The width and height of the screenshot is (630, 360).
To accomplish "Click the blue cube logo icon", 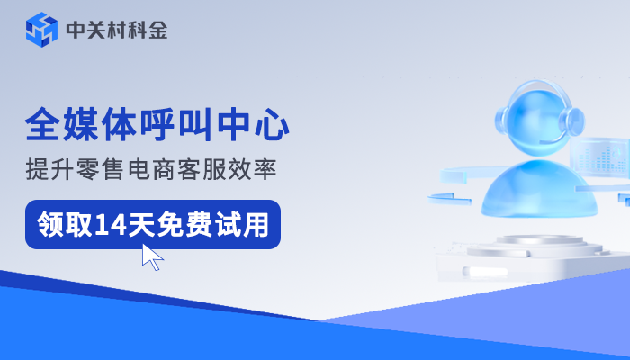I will [41, 30].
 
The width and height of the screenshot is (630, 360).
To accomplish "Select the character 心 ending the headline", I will [273, 124].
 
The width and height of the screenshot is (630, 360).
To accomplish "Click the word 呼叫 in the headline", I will [181, 124].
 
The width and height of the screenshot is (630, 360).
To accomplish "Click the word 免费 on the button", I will [190, 223].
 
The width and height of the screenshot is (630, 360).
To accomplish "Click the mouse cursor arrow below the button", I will [151, 256].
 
